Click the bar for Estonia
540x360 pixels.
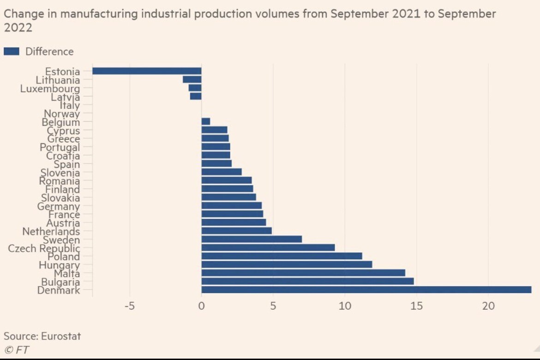[x=147, y=71]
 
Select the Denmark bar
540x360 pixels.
[x=366, y=290]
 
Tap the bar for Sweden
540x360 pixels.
[x=252, y=239]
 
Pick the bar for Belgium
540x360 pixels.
[x=206, y=121]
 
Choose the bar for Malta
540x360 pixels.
[x=303, y=273]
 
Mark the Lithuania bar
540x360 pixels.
[x=192, y=79]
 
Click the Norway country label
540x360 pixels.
[x=62, y=114]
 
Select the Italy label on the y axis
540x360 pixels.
[x=70, y=105]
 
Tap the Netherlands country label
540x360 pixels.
[x=51, y=231]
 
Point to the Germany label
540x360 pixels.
[x=59, y=206]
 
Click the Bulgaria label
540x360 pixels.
[x=60, y=282]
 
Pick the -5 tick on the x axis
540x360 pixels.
[x=130, y=306]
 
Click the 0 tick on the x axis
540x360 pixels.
[x=202, y=306]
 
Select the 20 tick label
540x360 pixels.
[x=488, y=306]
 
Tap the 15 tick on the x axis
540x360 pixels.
[x=417, y=306]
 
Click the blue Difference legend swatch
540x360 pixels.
[x=12, y=51]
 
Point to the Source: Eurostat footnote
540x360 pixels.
[x=42, y=336]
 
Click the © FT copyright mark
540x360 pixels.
[x=16, y=350]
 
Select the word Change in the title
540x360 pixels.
[x=20, y=14]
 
